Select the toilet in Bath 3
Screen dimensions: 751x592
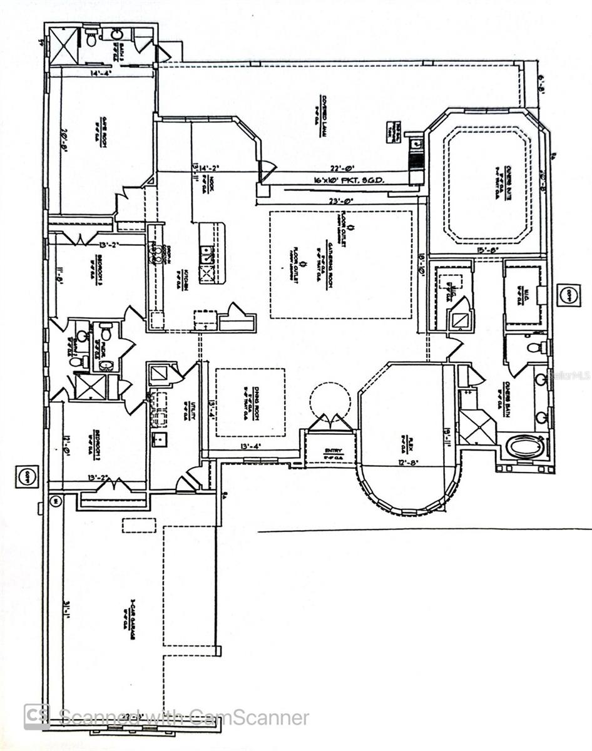click(x=92, y=41)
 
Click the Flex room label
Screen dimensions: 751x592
click(x=401, y=442)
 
